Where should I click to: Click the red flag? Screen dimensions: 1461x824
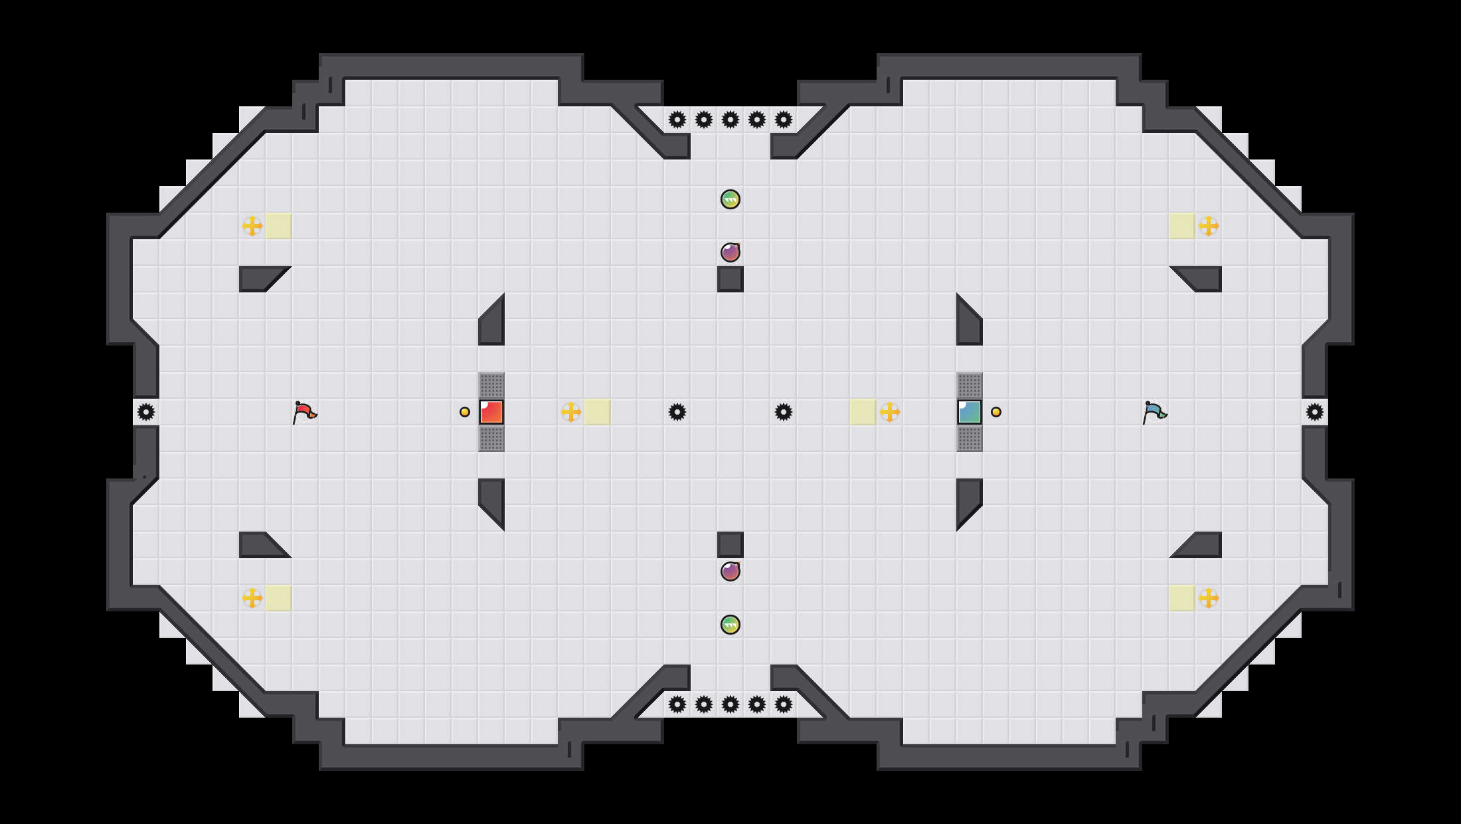pos(304,412)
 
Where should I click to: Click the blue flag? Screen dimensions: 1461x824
pos(1154,412)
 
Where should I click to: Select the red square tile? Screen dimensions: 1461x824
pos(491,412)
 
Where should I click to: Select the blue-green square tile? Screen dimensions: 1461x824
pos(970,412)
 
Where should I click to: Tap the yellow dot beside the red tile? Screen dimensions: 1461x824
pos(465,412)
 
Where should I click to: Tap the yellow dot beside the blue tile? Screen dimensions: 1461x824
pos(996,412)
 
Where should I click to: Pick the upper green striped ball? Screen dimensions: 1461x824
pos(730,199)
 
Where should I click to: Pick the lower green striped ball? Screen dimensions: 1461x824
pos(730,625)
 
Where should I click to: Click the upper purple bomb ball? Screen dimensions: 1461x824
pos(730,253)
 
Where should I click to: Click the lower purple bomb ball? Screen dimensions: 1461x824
pos(730,571)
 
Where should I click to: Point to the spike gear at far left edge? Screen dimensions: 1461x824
pos(146,412)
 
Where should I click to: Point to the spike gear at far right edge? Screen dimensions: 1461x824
pos(1315,412)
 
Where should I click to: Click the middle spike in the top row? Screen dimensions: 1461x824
pos(730,120)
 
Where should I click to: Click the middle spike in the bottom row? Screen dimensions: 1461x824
pos(730,704)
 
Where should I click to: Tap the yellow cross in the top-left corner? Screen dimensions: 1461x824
pos(252,226)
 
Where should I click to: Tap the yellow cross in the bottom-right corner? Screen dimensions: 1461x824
pos(1209,598)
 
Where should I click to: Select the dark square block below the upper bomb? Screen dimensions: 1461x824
pos(730,279)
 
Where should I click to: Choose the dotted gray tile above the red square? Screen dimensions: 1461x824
pos(491,385)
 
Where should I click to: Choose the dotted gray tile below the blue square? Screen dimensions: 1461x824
pos(970,439)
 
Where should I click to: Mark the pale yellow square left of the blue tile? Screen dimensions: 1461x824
pos(863,412)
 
